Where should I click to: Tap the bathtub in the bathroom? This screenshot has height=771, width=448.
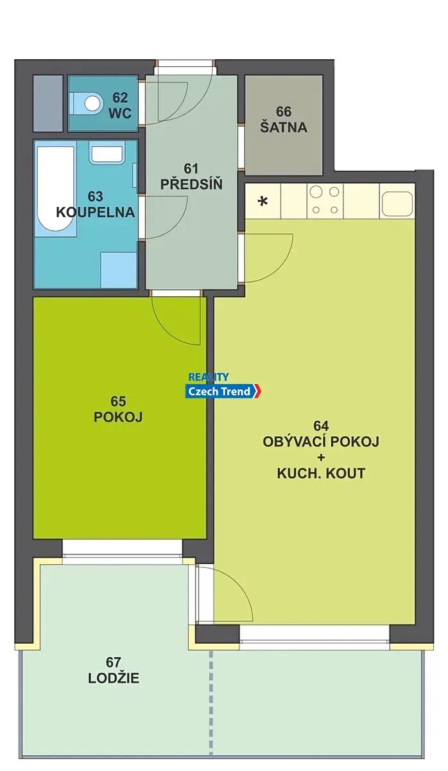[55, 191]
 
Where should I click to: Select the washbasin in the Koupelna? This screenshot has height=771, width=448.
[107, 154]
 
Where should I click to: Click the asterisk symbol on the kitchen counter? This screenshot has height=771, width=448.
[263, 201]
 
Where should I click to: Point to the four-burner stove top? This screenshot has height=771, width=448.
[325, 201]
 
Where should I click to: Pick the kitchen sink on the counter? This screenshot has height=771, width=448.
[397, 204]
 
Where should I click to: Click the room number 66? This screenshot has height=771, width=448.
[284, 112]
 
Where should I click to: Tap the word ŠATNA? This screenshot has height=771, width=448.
[284, 127]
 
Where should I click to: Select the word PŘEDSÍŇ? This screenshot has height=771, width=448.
[191, 184]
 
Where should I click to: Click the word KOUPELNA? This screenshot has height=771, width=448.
[96, 213]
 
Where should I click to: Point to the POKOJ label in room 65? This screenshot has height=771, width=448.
[118, 417]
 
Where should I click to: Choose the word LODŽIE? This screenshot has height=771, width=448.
[114, 678]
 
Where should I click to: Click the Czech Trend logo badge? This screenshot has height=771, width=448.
[223, 391]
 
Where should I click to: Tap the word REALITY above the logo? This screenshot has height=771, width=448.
[209, 377]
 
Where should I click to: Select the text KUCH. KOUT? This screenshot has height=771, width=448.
[321, 474]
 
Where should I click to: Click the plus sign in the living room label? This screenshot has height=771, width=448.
[321, 457]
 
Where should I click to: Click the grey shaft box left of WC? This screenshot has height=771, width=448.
[48, 103]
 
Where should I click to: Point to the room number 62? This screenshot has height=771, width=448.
[120, 98]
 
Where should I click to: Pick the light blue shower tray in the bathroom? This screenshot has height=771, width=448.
[119, 270]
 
